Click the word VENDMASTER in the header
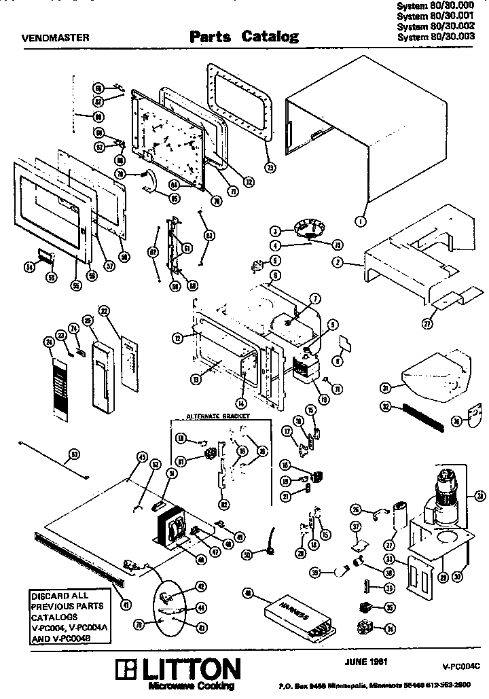52,38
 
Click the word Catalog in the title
270,37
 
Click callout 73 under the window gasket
270,168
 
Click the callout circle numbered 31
385,387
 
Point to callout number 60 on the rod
74,454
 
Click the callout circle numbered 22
105,310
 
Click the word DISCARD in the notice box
50,597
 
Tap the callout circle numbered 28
479,495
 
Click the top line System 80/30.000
435,5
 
